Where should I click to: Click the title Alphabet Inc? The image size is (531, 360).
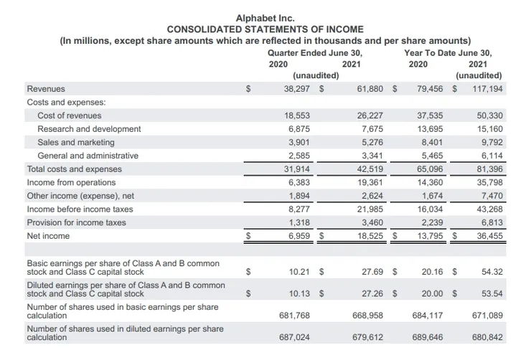(x=265, y=18)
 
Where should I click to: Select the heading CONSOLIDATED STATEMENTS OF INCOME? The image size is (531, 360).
(x=265, y=29)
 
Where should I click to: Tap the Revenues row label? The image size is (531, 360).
(x=46, y=89)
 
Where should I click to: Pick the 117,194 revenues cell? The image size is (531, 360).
(x=488, y=89)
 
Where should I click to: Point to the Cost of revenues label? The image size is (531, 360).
(x=70, y=115)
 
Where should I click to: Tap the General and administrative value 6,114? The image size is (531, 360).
(x=491, y=156)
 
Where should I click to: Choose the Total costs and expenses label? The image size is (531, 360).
(x=74, y=169)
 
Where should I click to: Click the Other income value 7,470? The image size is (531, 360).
(x=491, y=196)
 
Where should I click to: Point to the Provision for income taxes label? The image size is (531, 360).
(x=76, y=222)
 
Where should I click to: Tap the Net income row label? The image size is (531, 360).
(x=48, y=236)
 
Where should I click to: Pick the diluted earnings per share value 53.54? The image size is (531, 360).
(x=492, y=293)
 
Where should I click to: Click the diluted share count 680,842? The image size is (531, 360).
(x=488, y=336)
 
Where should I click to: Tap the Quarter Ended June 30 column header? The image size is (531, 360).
(x=315, y=52)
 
